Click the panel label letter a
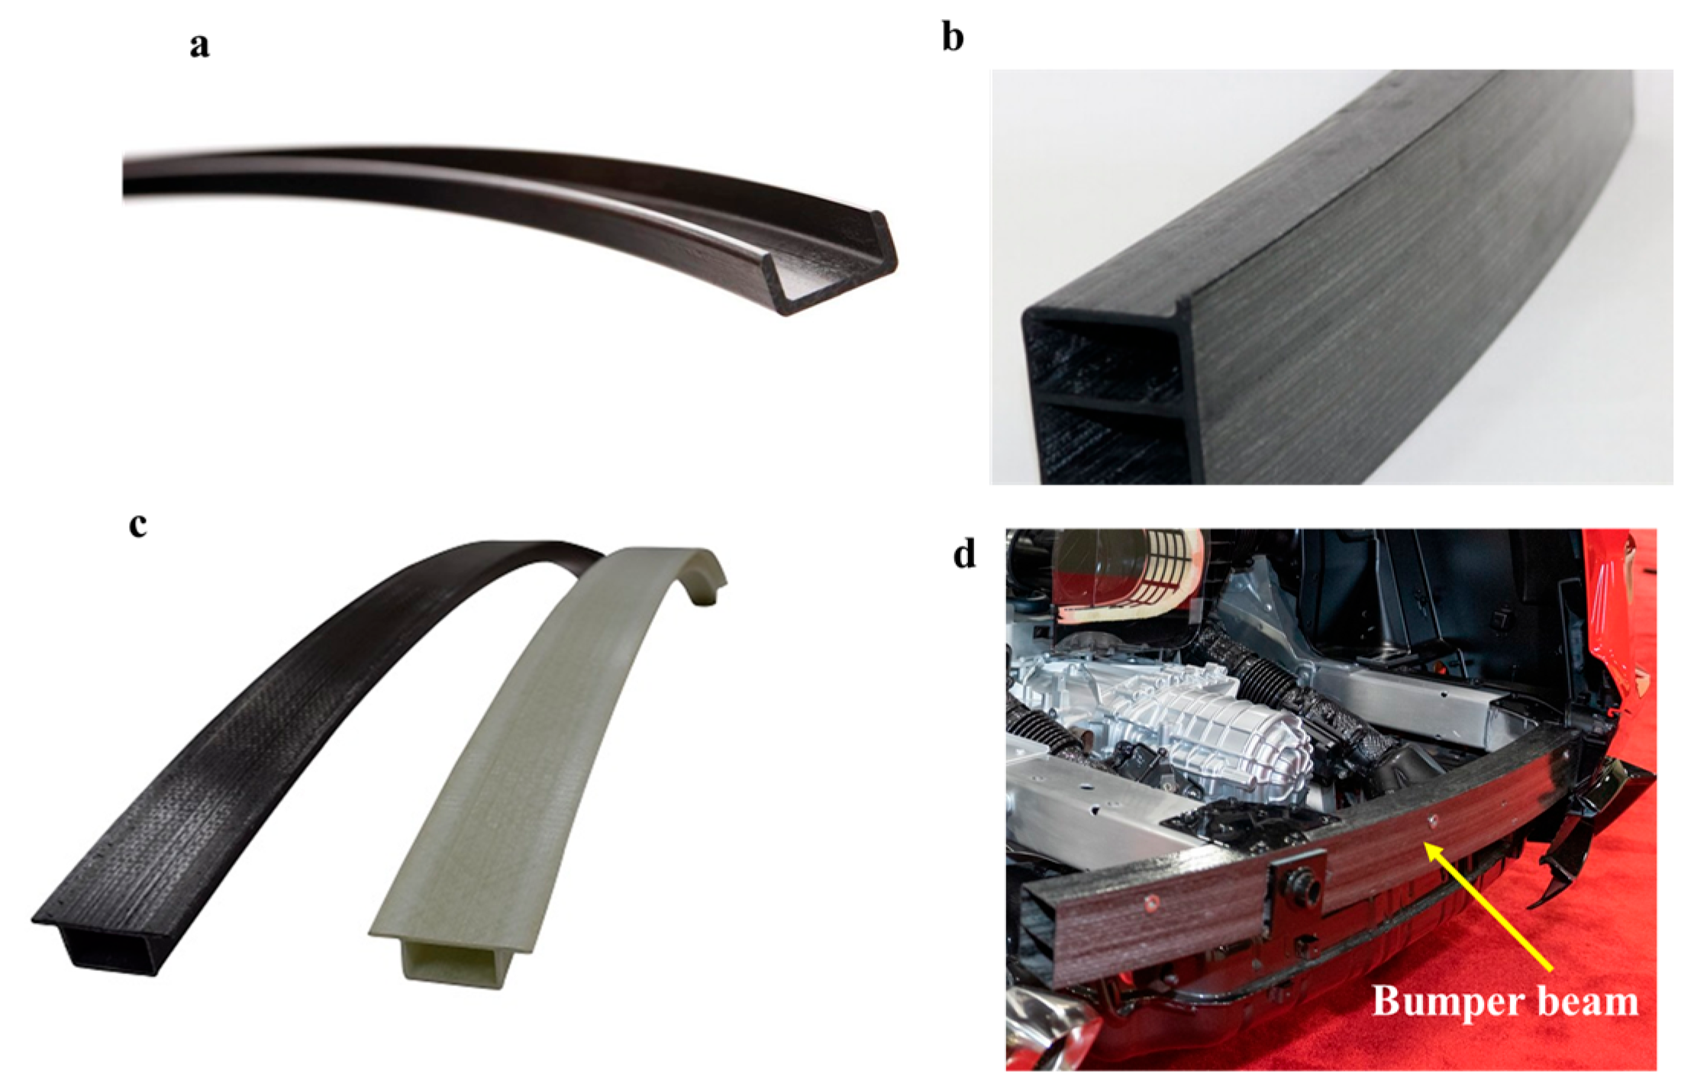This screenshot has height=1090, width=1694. click(200, 46)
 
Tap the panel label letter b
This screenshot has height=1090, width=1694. click(953, 37)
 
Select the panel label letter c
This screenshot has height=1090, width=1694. click(138, 525)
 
